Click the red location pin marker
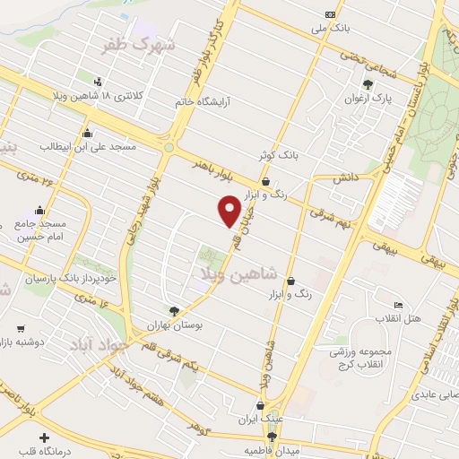click(229, 210)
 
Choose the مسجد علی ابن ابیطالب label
click(98, 145)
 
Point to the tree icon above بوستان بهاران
click(187, 309)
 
